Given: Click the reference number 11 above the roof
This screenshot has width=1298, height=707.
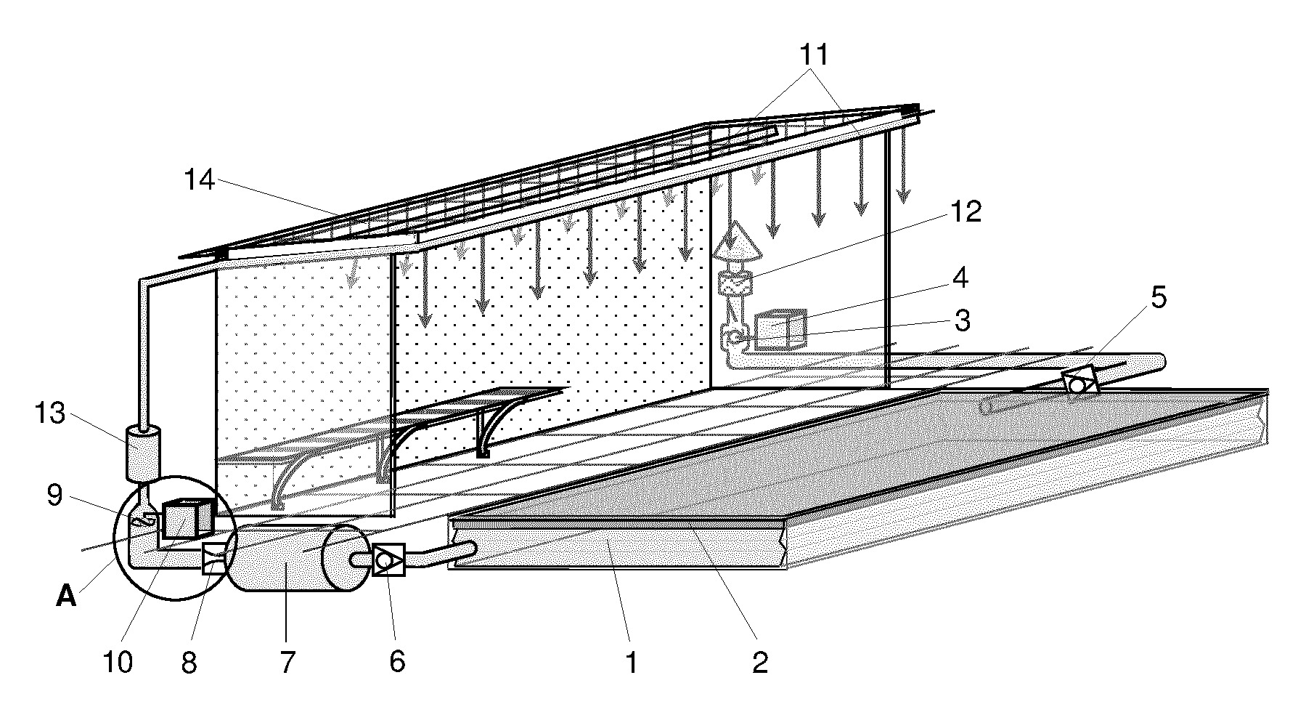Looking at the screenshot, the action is (x=813, y=55).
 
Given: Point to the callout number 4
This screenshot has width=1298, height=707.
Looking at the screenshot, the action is (x=960, y=278).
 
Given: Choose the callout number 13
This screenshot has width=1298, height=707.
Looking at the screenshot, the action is (x=50, y=414).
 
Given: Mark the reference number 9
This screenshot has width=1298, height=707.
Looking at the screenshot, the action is (x=55, y=496).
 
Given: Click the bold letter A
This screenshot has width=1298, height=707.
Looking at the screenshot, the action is (x=66, y=597).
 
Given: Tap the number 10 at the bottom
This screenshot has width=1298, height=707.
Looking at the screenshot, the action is (x=118, y=662).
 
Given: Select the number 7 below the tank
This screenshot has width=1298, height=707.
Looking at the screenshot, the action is (x=287, y=662).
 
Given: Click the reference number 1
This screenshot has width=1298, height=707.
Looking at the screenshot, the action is (x=631, y=662).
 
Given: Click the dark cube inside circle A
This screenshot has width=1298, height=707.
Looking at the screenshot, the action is (x=188, y=519).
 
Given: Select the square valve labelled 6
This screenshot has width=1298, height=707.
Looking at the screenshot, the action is (x=388, y=560).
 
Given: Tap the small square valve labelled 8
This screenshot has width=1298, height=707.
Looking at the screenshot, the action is (x=214, y=559).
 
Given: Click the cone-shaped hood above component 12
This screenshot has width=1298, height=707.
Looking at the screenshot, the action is (x=738, y=242).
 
